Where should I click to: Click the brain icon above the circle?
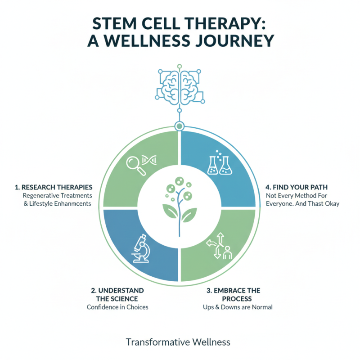pyautogui.click(x=179, y=85)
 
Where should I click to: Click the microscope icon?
pyautogui.click(x=141, y=249)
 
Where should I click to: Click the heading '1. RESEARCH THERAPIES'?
pyautogui.click(x=54, y=187)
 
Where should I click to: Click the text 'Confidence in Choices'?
pyautogui.click(x=117, y=307)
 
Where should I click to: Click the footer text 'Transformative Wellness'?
pyautogui.click(x=178, y=342)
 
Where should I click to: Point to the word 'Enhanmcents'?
pyautogui.click(x=72, y=204)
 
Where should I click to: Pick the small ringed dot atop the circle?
pyautogui.click(x=180, y=126)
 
